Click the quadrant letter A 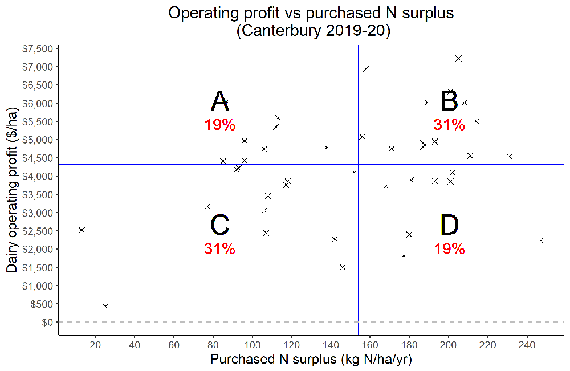tap(220, 101)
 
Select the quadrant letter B tap(449, 101)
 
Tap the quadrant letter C tap(220, 225)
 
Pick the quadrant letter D tap(449, 225)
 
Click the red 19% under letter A tap(220, 125)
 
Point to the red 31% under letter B tap(449, 125)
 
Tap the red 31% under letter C tap(220, 248)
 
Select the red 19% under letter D tap(449, 248)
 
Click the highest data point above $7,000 tap(458, 58)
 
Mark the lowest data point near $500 tap(105, 306)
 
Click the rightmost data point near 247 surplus tap(541, 240)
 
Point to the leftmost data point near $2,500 tap(82, 230)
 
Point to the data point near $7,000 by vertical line tap(366, 68)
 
